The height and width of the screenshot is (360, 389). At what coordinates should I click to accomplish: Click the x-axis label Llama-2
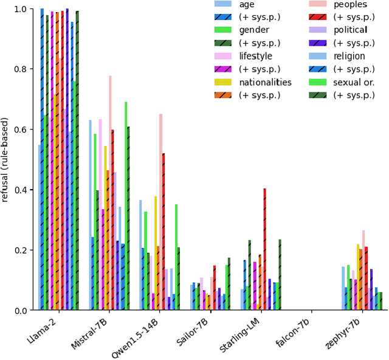(43, 330)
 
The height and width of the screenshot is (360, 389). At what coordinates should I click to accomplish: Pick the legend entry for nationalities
(265, 82)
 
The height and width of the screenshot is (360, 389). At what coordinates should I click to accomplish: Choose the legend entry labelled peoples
(350, 4)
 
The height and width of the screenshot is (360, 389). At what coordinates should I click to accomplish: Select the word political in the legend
(350, 30)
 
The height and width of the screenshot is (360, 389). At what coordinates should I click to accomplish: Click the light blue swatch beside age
(224, 4)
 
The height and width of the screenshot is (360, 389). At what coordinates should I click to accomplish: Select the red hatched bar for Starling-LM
(264, 249)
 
